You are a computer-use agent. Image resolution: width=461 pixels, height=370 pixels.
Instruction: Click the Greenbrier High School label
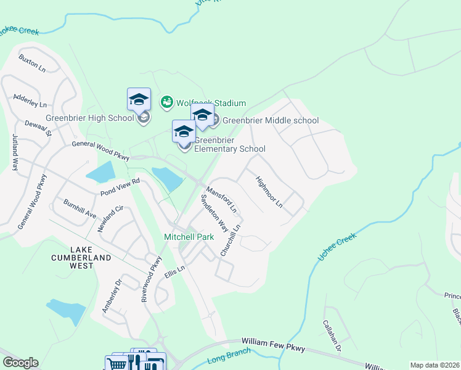89,118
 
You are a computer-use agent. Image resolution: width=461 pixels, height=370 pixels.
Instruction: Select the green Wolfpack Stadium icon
166,102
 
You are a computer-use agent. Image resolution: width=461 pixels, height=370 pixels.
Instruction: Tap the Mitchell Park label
189,237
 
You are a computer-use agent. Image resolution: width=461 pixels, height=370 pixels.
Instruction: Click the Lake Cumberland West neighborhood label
90,258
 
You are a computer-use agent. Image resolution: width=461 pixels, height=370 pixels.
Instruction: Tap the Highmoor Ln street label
269,191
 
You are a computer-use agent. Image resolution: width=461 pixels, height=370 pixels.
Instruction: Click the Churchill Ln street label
230,240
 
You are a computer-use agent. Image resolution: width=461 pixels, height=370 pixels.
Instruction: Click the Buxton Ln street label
32,62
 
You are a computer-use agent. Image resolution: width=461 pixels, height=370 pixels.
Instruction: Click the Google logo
20,363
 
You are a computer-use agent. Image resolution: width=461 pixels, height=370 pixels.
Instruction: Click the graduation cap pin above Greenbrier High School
139,99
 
